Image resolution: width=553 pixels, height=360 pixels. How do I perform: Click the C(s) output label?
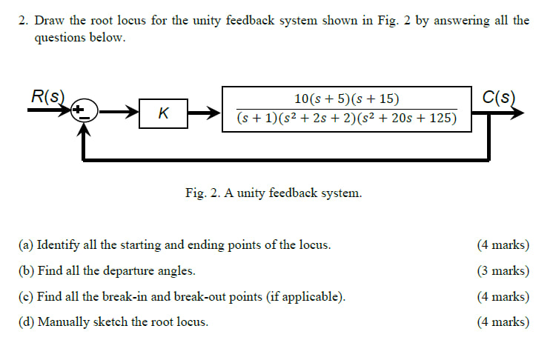[x=498, y=96]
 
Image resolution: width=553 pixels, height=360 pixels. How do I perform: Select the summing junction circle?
[x=83, y=113]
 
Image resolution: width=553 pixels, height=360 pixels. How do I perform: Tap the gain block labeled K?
[x=163, y=113]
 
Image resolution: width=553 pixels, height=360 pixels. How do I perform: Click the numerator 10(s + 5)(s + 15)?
[x=347, y=99]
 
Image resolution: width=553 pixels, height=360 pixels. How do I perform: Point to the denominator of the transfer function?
[x=347, y=119]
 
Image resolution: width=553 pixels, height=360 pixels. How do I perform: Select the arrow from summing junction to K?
[x=119, y=113]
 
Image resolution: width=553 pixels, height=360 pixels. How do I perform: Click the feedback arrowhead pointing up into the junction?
[x=85, y=130]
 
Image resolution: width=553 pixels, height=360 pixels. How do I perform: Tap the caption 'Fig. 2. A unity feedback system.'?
[x=274, y=193]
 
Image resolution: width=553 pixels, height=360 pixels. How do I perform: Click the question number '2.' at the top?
[x=24, y=20]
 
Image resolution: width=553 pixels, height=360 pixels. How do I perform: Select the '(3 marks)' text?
[x=504, y=271]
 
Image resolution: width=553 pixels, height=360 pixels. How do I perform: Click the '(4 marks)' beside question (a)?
[x=504, y=245]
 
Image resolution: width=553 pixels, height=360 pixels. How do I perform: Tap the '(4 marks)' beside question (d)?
[x=504, y=322]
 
